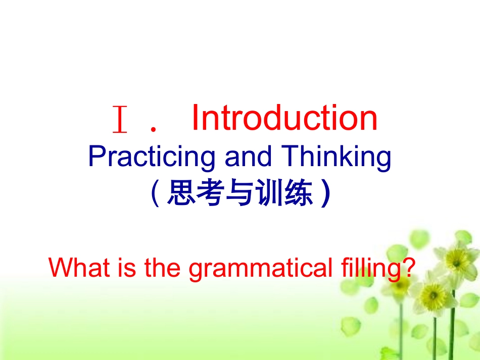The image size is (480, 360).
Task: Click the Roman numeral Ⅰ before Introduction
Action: [x=120, y=119]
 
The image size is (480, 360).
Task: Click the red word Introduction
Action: [x=284, y=118]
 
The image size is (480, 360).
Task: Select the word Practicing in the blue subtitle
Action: [x=152, y=157]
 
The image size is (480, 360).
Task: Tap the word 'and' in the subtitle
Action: [x=248, y=156]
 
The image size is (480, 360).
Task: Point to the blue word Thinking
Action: [x=336, y=157]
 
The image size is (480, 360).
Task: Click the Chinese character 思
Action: [x=181, y=192]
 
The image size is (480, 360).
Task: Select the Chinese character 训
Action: [x=269, y=192]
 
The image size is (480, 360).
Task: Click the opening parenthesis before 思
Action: [x=155, y=193]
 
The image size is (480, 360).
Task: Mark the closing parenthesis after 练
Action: [x=326, y=193]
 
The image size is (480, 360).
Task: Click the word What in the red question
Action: [x=79, y=267]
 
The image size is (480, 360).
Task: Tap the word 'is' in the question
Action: [x=129, y=267]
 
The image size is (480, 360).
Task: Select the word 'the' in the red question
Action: [x=162, y=267]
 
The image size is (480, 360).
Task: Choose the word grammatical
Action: [x=260, y=269]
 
